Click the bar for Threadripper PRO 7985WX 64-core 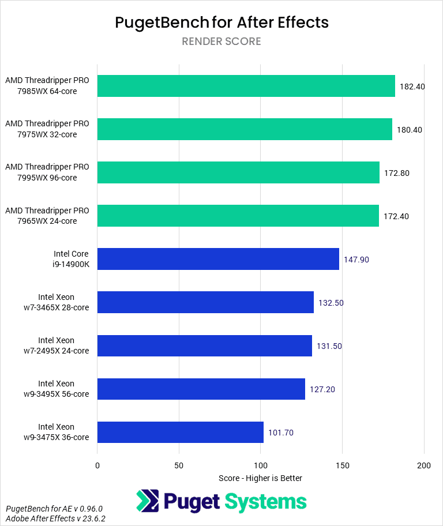click(246, 86)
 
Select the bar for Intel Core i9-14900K click(218, 259)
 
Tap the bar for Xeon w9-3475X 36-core click(181, 432)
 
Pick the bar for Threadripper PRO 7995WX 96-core click(238, 172)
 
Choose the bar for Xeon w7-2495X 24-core click(205, 345)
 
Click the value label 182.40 click(412, 87)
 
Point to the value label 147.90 click(356, 260)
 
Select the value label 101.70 click(281, 433)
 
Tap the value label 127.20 click(322, 389)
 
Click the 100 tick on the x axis click(261, 465)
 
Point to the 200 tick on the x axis click(424, 465)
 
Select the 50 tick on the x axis click(179, 465)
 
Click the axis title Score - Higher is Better click(260, 478)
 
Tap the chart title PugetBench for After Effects click(221, 22)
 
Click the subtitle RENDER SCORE click(221, 42)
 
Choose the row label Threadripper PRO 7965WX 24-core click(47, 216)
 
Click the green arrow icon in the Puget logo click(148, 501)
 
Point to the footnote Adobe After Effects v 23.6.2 click(56, 519)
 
